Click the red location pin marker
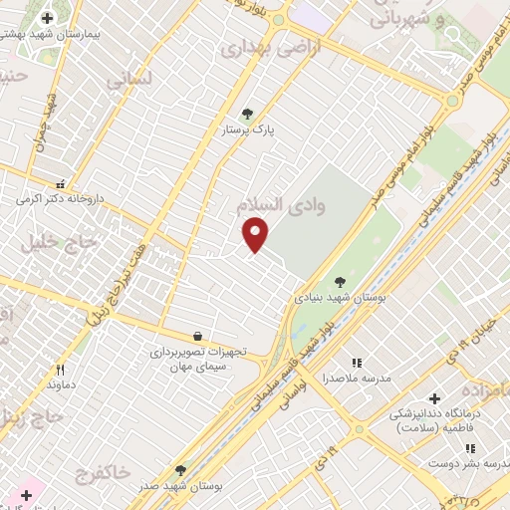[256, 233]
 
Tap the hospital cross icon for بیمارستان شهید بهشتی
[47, 18]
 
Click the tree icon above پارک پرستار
[248, 114]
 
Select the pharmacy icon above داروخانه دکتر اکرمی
[61, 184]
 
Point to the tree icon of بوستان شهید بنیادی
[341, 281]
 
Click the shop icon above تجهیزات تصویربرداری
[198, 337]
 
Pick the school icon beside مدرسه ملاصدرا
[357, 364]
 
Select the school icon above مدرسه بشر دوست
[470, 448]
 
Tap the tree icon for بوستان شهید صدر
[180, 470]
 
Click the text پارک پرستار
[248, 129]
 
